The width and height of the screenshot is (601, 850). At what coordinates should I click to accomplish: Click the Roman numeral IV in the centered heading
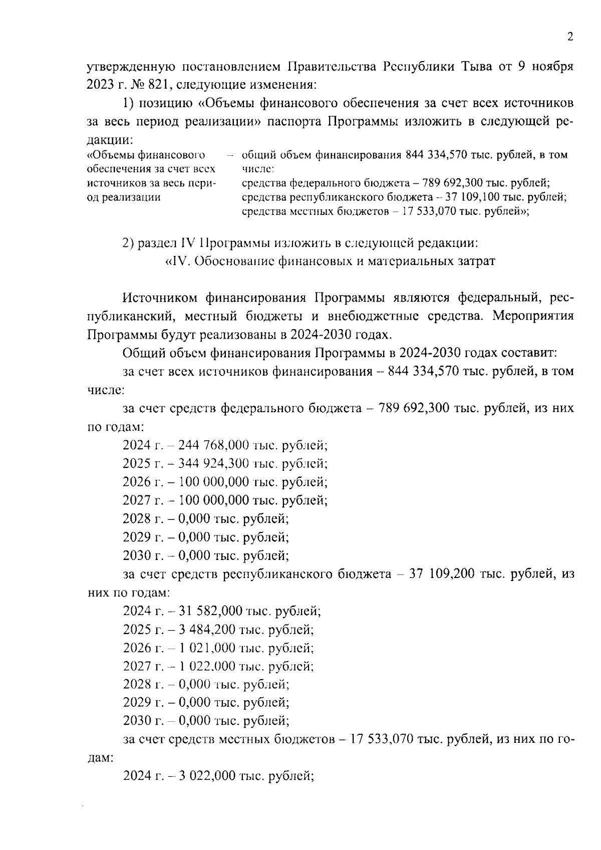click(x=179, y=261)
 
